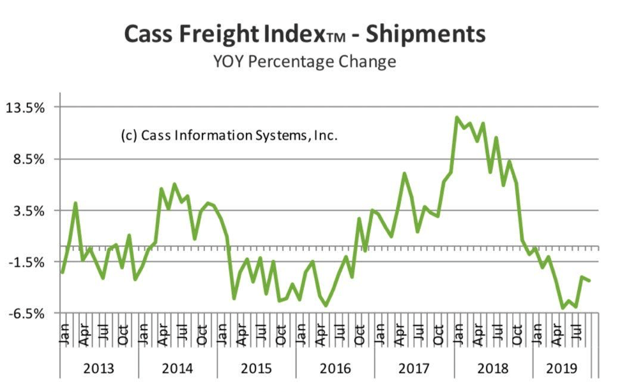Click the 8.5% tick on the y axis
pos(30,160)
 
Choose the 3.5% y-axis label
pos(30,211)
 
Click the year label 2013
pos(99,369)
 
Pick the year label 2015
pos(257,369)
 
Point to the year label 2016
pos(335,369)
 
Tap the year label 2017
pos(414,369)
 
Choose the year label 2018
pos(493,369)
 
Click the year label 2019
pos(562,369)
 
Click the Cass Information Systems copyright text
pos(229,136)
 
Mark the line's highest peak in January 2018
pos(457,117)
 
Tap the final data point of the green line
pos(589,281)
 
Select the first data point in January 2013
pos(63,273)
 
